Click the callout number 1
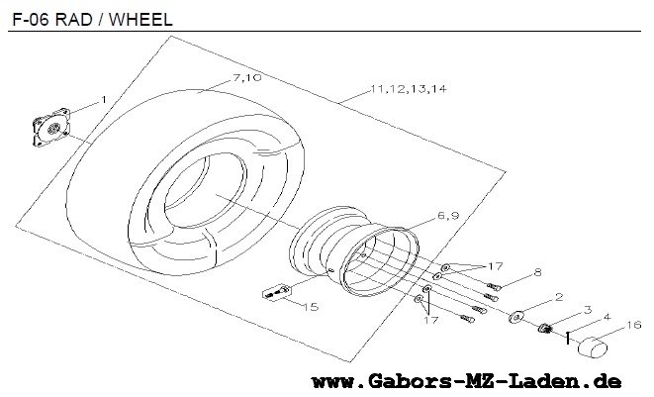click(x=104, y=100)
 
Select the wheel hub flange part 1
click(x=51, y=128)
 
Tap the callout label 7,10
click(x=247, y=77)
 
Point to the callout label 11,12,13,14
click(x=409, y=89)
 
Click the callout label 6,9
click(x=448, y=216)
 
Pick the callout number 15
click(x=311, y=307)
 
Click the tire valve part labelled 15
click(x=276, y=292)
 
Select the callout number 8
click(x=537, y=272)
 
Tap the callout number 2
click(x=559, y=297)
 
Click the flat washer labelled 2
click(x=515, y=317)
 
